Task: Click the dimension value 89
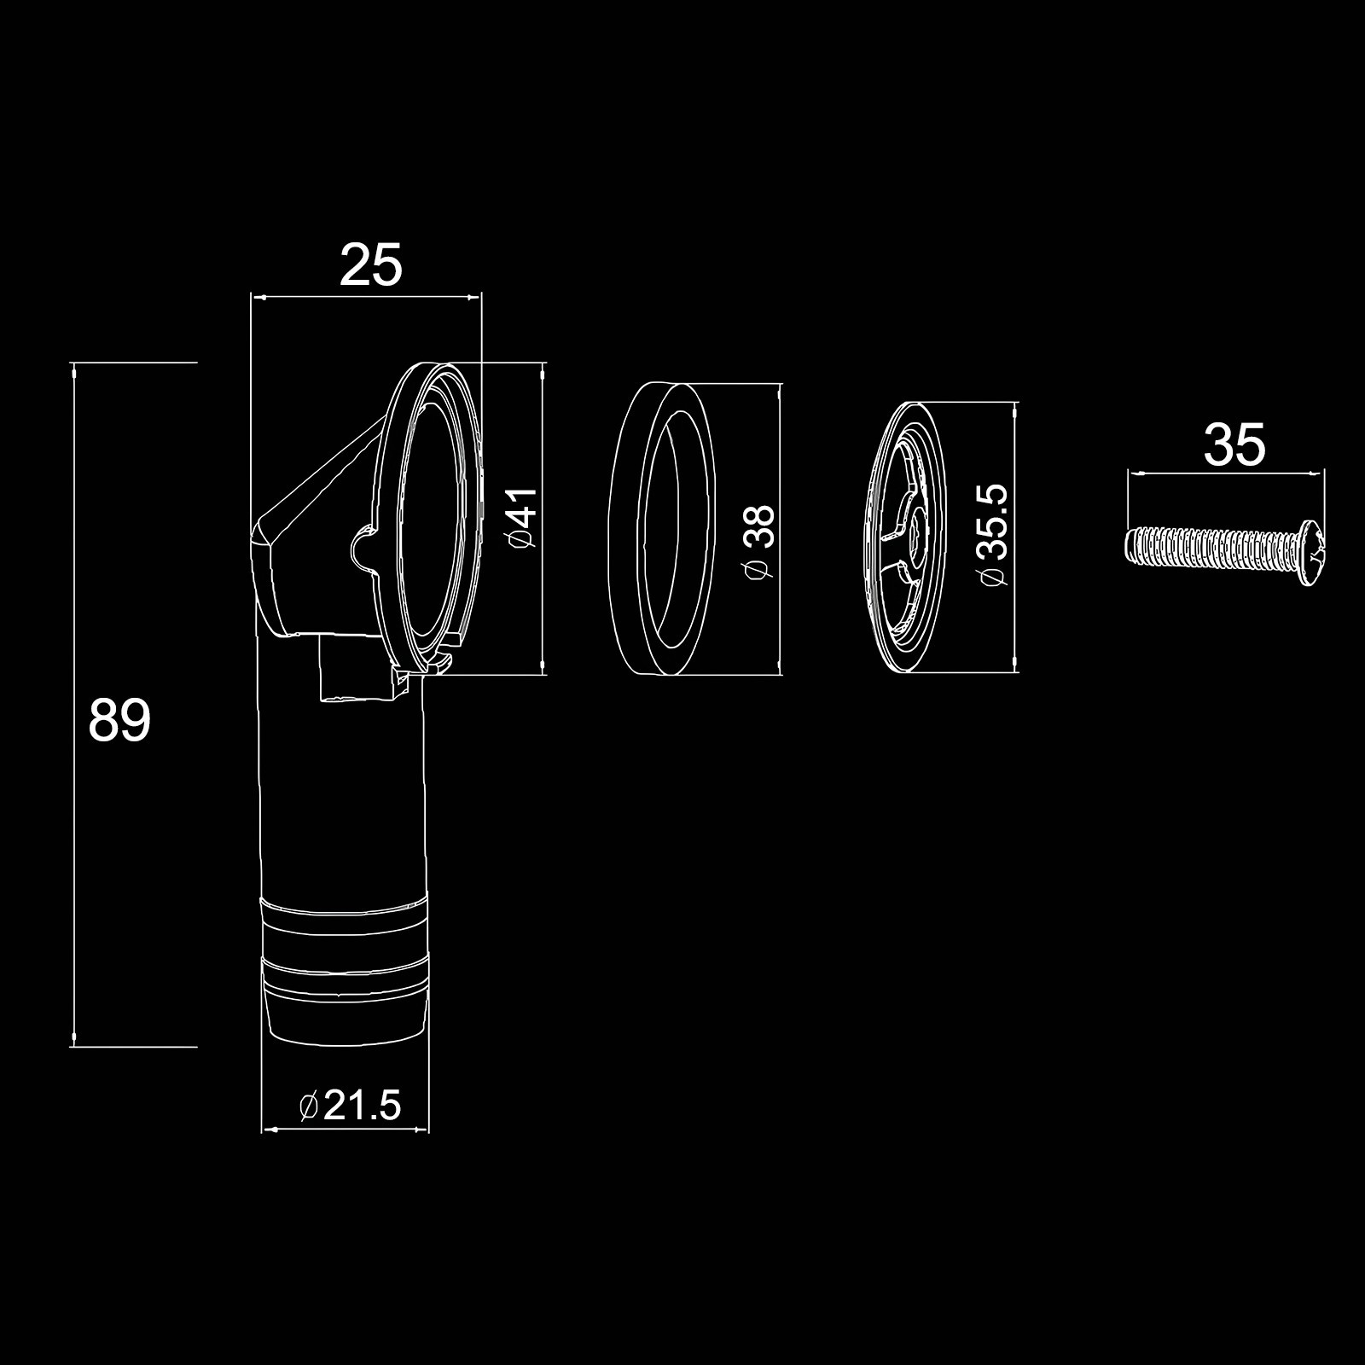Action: (119, 720)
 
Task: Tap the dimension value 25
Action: (370, 265)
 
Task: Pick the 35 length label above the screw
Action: (1234, 445)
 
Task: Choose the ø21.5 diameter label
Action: (350, 1107)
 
